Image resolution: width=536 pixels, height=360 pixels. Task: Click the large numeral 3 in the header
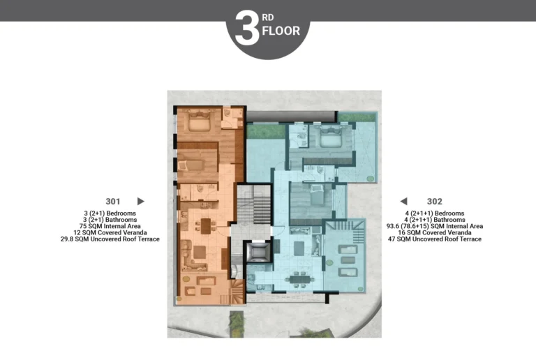(247, 28)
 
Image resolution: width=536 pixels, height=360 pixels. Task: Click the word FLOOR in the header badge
(281, 31)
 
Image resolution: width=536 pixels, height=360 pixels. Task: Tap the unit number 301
(113, 202)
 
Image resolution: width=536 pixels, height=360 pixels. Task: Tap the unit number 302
(435, 202)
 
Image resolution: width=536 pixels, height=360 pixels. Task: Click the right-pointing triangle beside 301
(140, 201)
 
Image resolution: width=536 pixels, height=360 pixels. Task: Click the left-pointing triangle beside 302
(403, 201)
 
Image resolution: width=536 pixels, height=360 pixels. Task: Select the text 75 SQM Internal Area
(110, 226)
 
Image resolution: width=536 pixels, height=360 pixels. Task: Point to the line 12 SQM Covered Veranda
(110, 232)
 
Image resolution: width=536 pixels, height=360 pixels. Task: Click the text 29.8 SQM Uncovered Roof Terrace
(110, 239)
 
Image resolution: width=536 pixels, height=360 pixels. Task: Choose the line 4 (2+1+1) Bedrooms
(435, 213)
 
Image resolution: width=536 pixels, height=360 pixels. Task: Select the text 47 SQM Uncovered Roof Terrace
(435, 239)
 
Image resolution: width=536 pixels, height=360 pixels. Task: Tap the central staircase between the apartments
(254, 204)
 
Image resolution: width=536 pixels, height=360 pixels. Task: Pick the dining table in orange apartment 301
(206, 226)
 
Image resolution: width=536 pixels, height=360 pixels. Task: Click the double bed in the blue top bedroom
(331, 135)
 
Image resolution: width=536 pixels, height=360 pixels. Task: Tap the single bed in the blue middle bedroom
(317, 195)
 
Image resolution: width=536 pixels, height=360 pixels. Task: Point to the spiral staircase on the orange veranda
(237, 292)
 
